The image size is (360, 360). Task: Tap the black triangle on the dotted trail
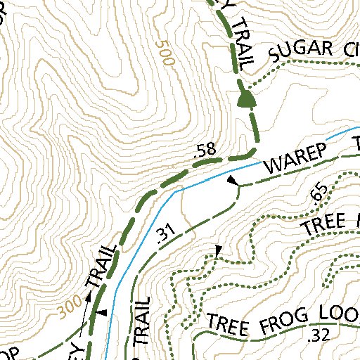pos(218,250)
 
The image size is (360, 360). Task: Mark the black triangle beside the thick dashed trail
pos(103,312)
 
